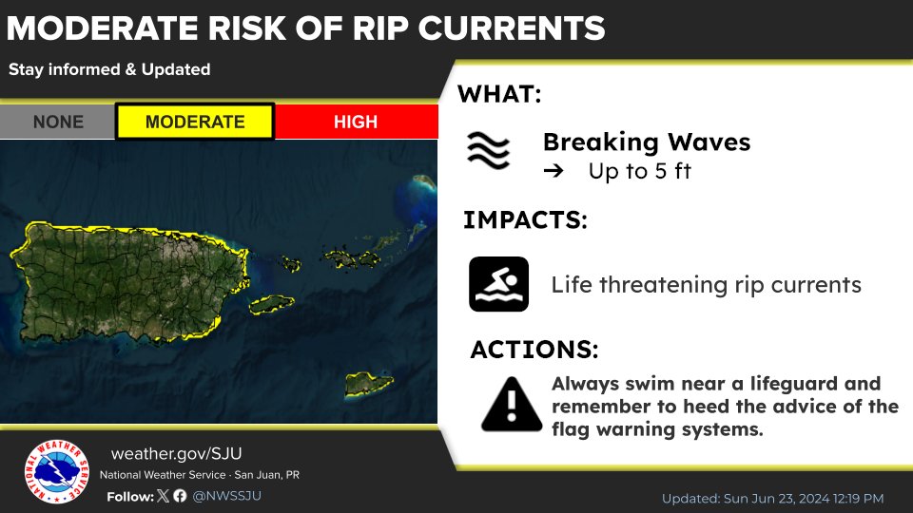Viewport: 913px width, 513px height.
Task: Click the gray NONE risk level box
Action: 58,122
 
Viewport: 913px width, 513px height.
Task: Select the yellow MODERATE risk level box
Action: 195,122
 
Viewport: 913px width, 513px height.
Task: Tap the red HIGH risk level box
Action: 357,122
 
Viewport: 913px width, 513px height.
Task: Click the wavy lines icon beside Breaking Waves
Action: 488,150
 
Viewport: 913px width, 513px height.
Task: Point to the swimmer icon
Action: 499,284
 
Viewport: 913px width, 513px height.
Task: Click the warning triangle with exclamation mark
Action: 512,405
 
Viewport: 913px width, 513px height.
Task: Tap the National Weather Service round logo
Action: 57,471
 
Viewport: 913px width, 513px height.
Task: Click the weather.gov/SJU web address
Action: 177,454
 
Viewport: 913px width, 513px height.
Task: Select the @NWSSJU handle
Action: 227,496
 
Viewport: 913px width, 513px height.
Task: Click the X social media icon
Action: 163,496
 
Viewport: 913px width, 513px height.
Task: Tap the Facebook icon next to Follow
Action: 180,496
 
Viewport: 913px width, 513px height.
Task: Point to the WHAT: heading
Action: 499,94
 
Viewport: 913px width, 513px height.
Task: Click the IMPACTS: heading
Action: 525,220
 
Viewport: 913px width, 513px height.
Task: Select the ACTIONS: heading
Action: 534,350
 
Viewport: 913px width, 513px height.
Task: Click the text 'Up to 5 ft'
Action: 639,171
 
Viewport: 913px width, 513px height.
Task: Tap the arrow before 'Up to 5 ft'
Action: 554,171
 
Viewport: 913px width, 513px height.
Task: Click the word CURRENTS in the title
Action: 512,28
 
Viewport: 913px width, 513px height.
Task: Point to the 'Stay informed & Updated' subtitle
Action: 109,69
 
